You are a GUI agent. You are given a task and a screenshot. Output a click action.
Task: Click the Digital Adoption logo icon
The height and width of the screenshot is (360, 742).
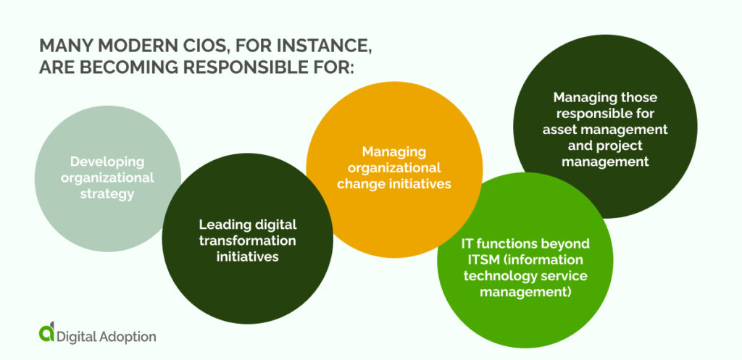click(47, 332)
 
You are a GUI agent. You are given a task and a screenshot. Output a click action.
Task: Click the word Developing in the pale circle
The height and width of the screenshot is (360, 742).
click(107, 162)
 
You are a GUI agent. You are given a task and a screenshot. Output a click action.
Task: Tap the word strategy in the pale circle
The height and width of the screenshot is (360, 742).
click(107, 193)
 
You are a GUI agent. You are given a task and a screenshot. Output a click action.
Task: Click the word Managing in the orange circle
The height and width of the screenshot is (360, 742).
click(394, 152)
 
